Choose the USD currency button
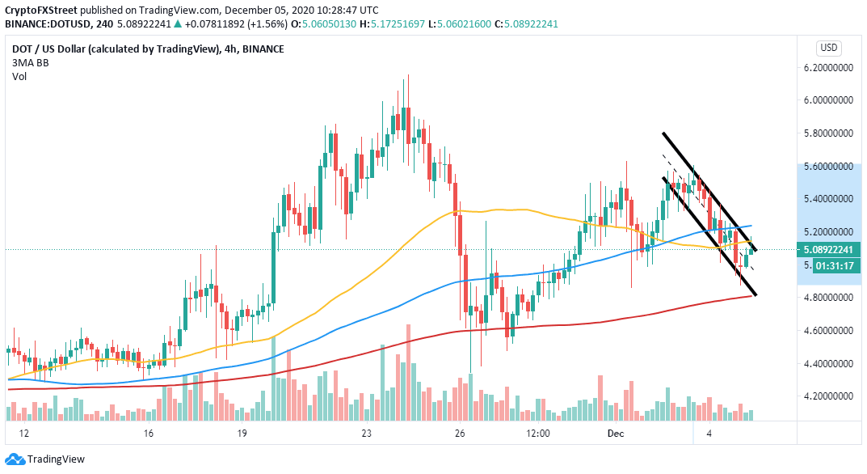coord(829,47)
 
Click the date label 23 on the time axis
coord(367,434)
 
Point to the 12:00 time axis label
coord(537,434)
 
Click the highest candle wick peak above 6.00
coord(408,75)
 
